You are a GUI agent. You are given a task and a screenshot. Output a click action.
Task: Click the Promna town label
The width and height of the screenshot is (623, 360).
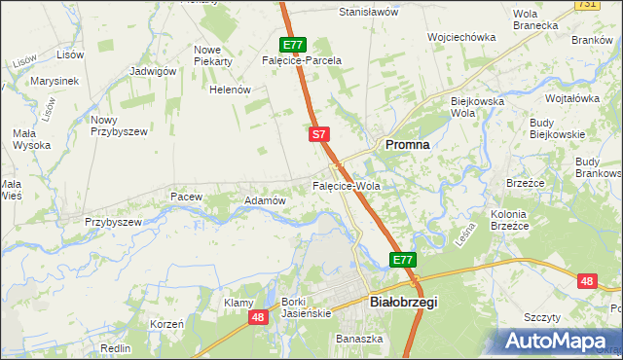(408, 143)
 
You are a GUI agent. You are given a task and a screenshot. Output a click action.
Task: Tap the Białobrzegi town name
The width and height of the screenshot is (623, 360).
(405, 302)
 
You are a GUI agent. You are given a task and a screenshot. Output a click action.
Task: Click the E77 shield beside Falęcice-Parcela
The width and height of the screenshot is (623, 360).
(294, 45)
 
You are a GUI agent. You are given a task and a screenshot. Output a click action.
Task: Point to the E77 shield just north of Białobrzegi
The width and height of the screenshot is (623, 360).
(404, 260)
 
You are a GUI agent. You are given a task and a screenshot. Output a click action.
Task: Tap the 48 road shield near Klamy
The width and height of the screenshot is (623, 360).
(258, 317)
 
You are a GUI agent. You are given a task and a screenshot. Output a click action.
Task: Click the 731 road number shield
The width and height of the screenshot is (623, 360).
(613, 5)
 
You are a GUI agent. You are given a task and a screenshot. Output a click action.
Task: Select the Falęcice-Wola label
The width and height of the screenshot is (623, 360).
(346, 185)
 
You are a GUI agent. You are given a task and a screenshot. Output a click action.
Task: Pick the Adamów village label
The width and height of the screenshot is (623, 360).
(265, 200)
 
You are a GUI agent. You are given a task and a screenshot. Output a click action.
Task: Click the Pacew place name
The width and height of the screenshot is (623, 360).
(186, 197)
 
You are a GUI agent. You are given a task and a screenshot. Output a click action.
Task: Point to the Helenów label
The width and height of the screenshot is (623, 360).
(231, 90)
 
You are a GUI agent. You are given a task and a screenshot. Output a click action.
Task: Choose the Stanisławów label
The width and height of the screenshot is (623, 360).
(369, 13)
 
